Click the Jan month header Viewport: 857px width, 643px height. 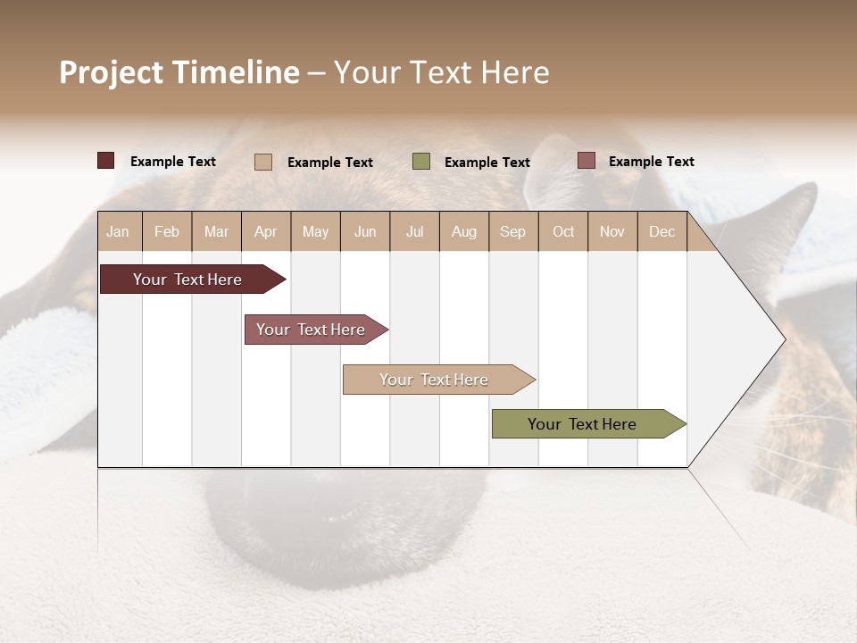[x=119, y=231]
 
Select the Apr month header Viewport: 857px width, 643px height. [x=266, y=231]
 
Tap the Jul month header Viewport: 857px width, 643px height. [x=414, y=231]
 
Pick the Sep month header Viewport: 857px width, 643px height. [x=513, y=231]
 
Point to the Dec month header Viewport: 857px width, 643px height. [x=661, y=231]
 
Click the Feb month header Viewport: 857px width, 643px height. [x=167, y=231]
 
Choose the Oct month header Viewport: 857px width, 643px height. [x=563, y=231]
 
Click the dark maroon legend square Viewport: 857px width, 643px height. [x=106, y=161]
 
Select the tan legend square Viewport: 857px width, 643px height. [x=263, y=162]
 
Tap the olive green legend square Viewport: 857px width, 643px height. [x=421, y=162]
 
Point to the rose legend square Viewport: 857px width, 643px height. [x=587, y=161]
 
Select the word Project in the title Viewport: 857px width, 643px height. [x=112, y=72]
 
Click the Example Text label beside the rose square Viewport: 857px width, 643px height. [x=651, y=162]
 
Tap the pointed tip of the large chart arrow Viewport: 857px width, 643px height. [x=783, y=339]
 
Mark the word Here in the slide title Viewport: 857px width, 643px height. [x=516, y=72]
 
